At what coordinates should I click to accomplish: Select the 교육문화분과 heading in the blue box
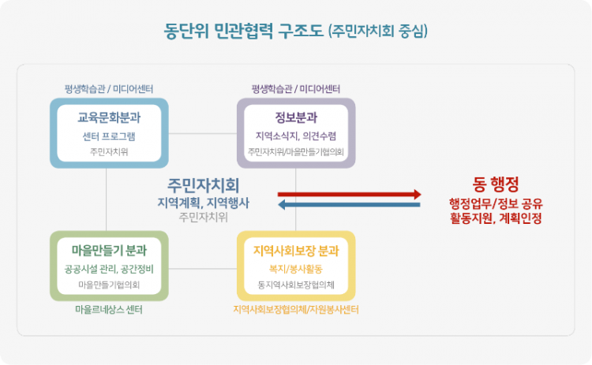point(109,118)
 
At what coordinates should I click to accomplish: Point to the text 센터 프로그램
point(109,136)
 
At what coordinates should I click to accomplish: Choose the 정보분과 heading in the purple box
point(296,118)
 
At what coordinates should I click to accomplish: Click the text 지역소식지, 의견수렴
point(296,136)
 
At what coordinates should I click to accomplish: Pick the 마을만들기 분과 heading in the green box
point(109,251)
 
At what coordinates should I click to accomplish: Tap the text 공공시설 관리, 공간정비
point(109,269)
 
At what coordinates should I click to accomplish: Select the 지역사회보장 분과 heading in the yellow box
point(296,251)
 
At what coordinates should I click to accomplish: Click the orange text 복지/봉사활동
point(296,269)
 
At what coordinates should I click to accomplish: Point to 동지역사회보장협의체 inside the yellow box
point(296,284)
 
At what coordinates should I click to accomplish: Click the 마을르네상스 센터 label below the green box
point(109,310)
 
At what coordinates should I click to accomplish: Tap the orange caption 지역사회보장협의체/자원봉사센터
point(296,310)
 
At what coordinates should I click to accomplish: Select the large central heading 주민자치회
point(203,185)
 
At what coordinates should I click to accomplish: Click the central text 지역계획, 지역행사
point(203,202)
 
